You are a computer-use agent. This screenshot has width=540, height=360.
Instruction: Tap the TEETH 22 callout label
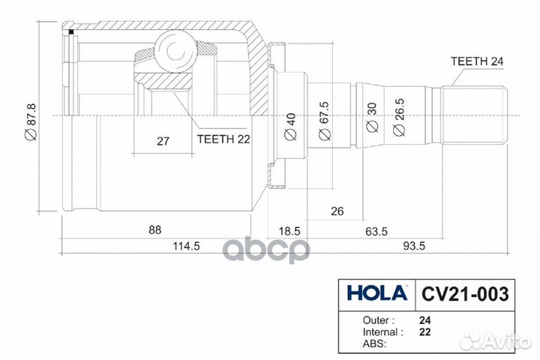pyautogui.click(x=223, y=138)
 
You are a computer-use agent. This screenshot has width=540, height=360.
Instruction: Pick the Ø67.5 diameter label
pyautogui.click(x=324, y=121)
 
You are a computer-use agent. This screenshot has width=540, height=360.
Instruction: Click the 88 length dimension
pyautogui.click(x=155, y=229)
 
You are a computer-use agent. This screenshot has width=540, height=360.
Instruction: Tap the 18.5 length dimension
pyautogui.click(x=288, y=230)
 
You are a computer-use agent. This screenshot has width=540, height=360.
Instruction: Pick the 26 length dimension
pyautogui.click(x=337, y=211)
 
